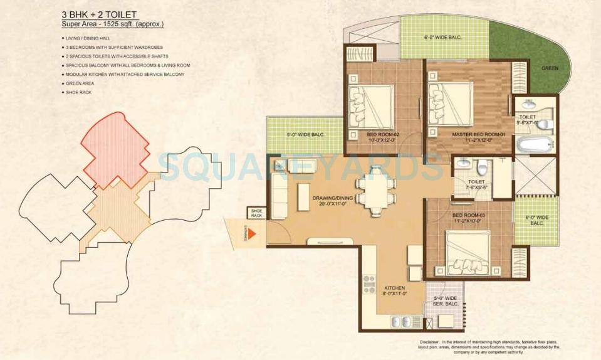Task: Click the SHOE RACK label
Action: click(256, 213)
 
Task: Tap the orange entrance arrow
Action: click(254, 234)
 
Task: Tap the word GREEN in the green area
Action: click(550, 68)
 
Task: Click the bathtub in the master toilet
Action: click(533, 146)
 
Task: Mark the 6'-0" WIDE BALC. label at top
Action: click(442, 38)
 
